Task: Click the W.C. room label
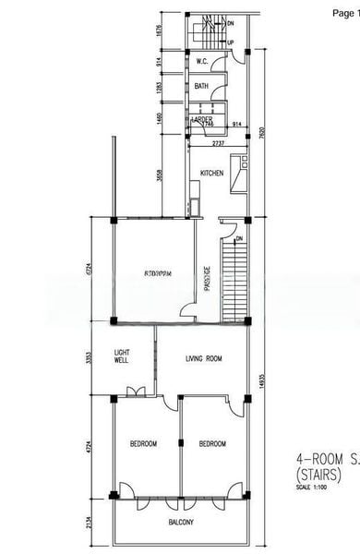coord(201,62)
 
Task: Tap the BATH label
coord(201,87)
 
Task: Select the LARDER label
coord(201,120)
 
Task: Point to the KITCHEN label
coord(211,172)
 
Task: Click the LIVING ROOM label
coord(204,358)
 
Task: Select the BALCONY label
coord(181,524)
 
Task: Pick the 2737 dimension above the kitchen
coord(218,144)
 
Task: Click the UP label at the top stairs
coord(230,42)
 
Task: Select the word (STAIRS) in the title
coord(318,475)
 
